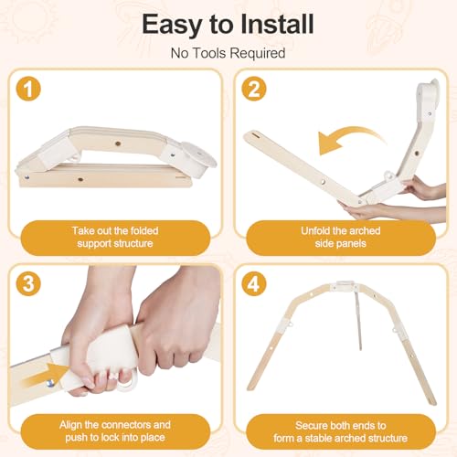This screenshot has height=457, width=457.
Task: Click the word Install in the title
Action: tap(277, 24)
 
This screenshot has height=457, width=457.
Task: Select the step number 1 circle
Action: tap(28, 89)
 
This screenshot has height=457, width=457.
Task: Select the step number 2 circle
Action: tap(254, 89)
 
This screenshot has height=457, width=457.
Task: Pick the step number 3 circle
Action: tap(28, 283)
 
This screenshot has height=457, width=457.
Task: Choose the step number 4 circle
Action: tap(254, 283)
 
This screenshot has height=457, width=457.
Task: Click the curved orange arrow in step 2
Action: tap(350, 134)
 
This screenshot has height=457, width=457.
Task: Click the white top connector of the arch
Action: tap(345, 287)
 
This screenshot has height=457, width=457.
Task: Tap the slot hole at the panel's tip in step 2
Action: tap(255, 135)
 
